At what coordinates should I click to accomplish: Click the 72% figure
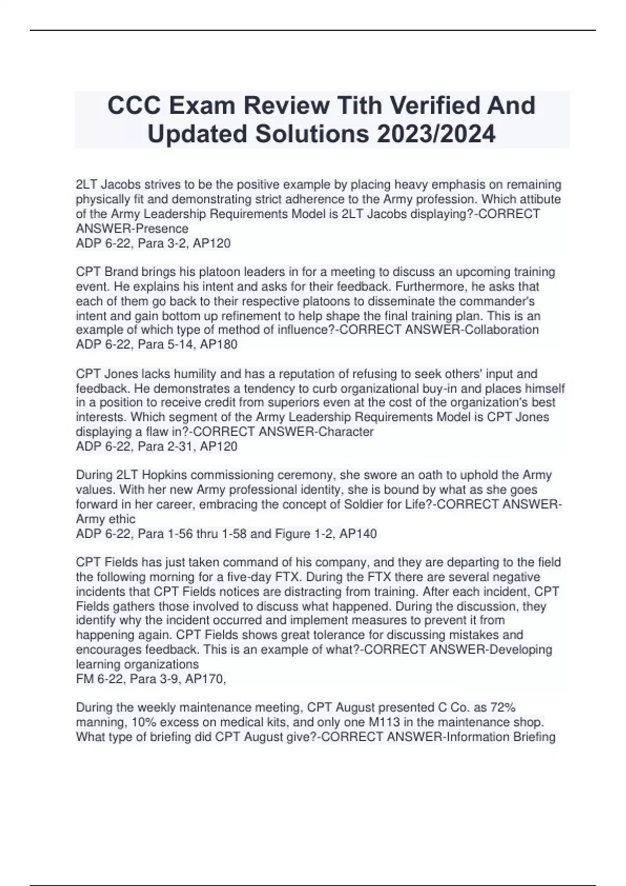502,708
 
